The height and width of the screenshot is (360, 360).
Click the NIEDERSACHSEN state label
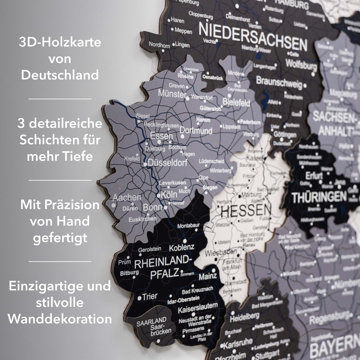point(253,37)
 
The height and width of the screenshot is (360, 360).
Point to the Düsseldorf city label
point(167,163)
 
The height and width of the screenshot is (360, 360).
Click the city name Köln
point(169,194)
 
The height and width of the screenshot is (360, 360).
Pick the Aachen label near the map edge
point(127,197)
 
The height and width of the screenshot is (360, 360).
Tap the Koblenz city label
point(182,248)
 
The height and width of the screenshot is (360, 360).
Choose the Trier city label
point(149,297)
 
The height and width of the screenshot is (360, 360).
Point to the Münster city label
point(172,94)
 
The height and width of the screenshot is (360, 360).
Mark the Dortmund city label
point(196,131)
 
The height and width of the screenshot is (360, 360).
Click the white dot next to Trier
point(139,298)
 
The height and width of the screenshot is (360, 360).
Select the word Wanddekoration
point(60,319)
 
